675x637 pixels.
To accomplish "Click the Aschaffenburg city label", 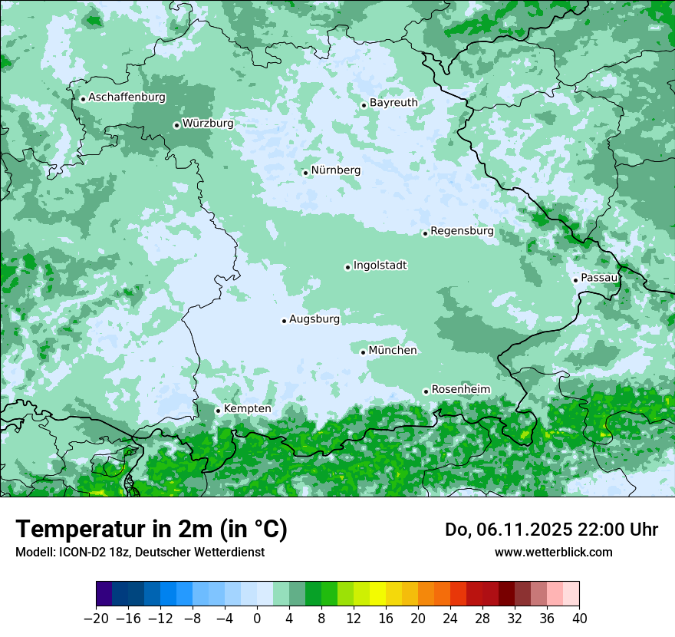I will pos(127,97).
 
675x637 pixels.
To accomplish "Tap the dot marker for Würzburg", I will pos(176,125).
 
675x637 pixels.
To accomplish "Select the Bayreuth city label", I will pos(393,103).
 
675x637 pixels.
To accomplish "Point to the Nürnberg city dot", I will pos(305,173).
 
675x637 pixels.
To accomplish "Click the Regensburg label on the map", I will pos(462,231).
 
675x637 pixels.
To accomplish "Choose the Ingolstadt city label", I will pos(380,266).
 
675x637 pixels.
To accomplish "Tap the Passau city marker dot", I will pos(575,280).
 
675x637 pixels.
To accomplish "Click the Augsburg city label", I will pos(314,319).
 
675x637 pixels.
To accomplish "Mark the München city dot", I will pos(363,352).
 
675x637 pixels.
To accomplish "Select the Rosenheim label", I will pos(460,390).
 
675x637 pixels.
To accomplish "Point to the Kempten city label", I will pos(247,409).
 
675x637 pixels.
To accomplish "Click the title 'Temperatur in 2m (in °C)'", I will pos(151,529).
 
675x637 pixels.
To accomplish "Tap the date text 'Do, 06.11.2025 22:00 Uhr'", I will pos(552,530).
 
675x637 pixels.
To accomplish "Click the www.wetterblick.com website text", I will pos(553,552).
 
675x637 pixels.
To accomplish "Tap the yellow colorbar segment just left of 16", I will pos(377,594).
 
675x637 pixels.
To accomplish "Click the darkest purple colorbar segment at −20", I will pos(104,594).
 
